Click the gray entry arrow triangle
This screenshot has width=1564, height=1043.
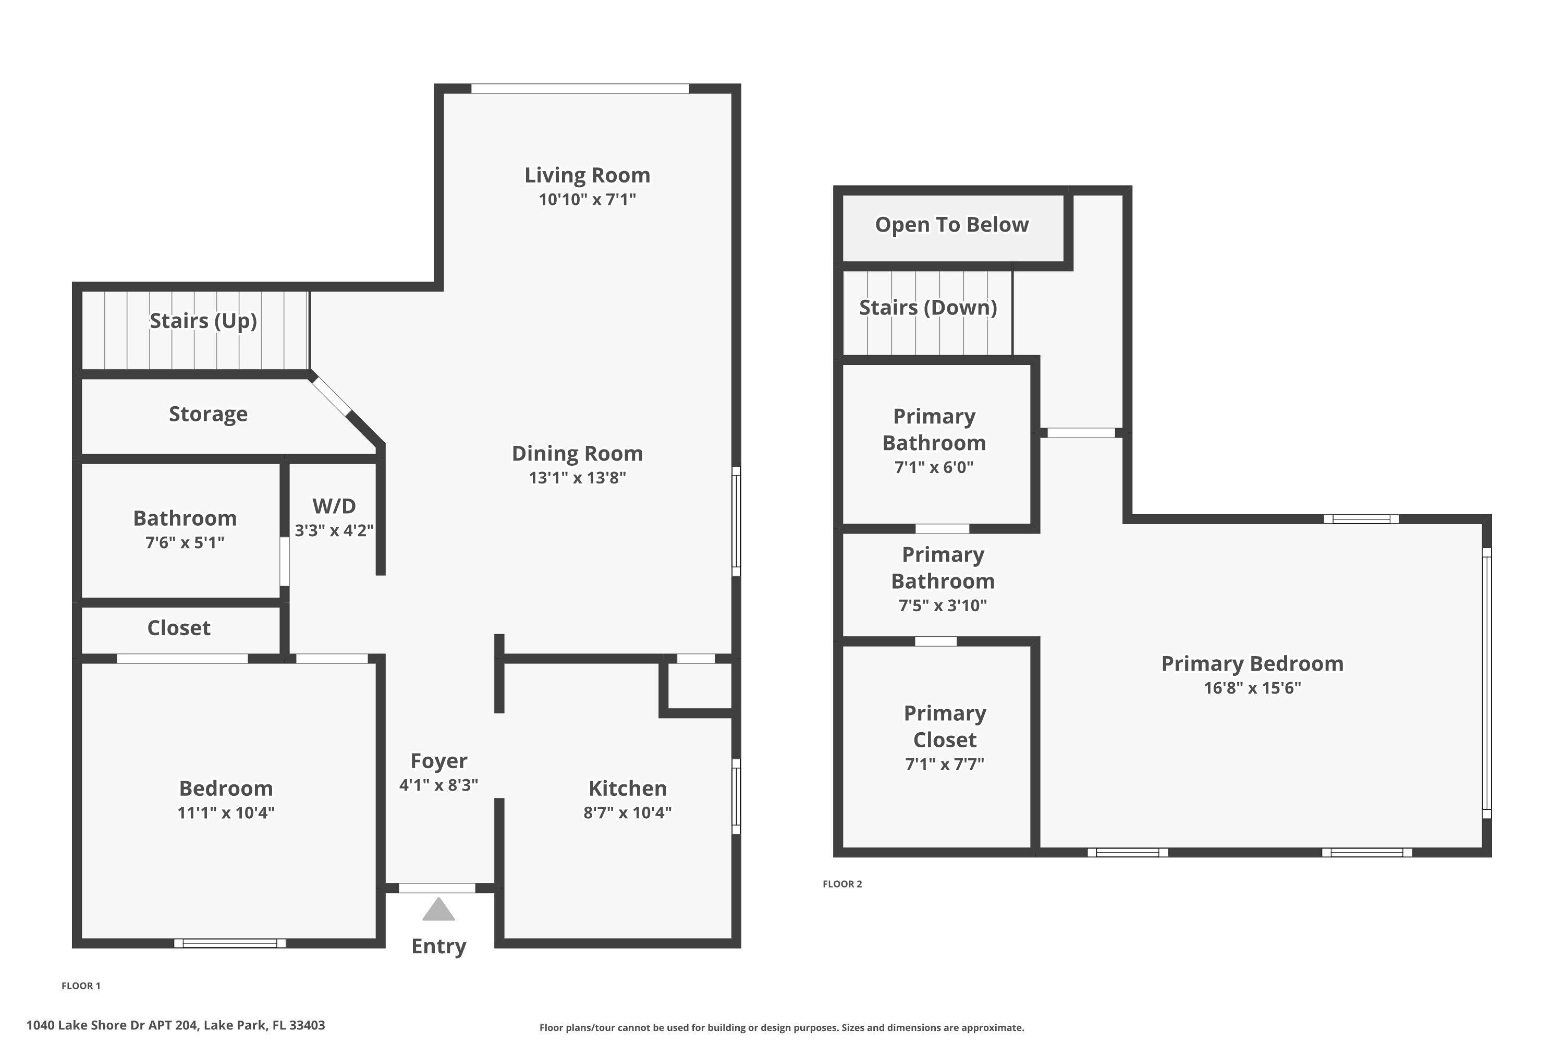(x=438, y=911)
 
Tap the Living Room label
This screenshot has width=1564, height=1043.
(x=587, y=175)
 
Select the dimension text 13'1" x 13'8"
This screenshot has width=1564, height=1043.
(x=577, y=478)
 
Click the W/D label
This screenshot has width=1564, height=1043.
(x=334, y=506)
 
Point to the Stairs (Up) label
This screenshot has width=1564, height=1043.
(x=203, y=321)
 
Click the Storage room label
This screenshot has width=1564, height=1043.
(x=208, y=414)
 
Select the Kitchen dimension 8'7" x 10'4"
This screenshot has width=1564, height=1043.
(x=627, y=812)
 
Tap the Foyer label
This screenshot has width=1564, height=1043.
(x=438, y=760)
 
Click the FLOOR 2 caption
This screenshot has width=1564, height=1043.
(x=842, y=884)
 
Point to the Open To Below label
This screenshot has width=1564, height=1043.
(x=951, y=225)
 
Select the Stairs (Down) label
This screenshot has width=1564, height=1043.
(x=927, y=307)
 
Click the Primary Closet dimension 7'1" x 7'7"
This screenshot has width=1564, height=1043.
(x=944, y=763)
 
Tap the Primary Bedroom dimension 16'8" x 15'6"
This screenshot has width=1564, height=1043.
(x=1252, y=688)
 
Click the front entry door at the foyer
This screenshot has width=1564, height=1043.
(x=437, y=888)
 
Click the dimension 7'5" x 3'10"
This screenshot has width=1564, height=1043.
(x=942, y=605)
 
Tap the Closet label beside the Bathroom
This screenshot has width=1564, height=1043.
(x=178, y=628)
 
